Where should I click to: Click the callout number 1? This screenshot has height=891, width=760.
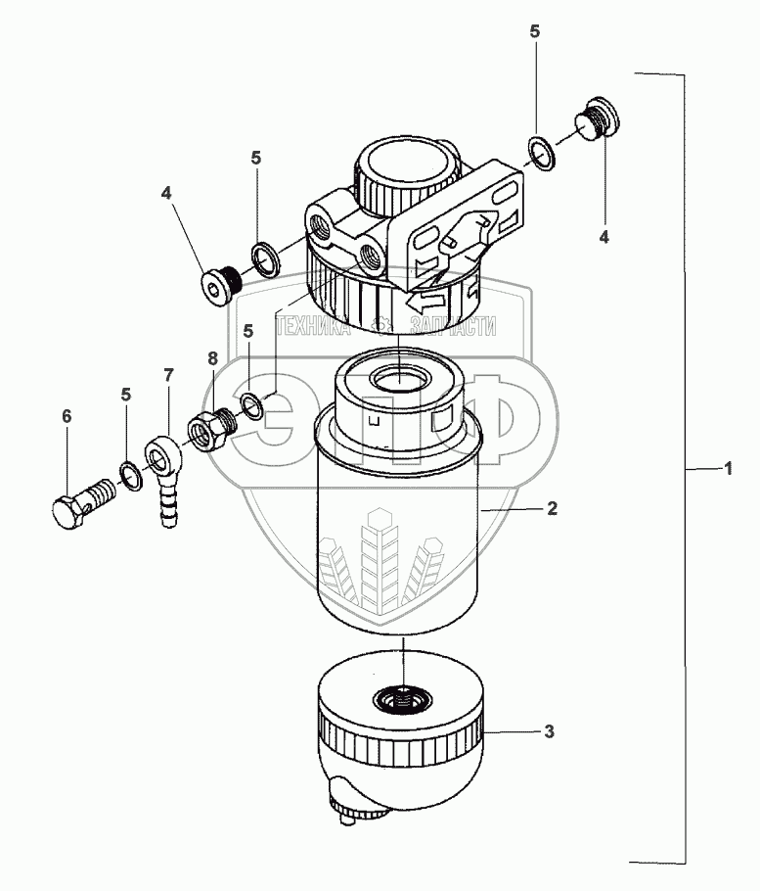(x=728, y=470)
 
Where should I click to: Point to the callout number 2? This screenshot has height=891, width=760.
(x=552, y=508)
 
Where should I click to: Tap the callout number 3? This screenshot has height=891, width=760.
(x=550, y=730)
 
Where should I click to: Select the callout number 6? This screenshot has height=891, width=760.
(x=67, y=417)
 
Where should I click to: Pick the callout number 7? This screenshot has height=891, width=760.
(x=167, y=375)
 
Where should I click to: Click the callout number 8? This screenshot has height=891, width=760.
(x=213, y=359)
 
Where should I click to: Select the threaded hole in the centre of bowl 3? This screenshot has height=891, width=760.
(x=402, y=699)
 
